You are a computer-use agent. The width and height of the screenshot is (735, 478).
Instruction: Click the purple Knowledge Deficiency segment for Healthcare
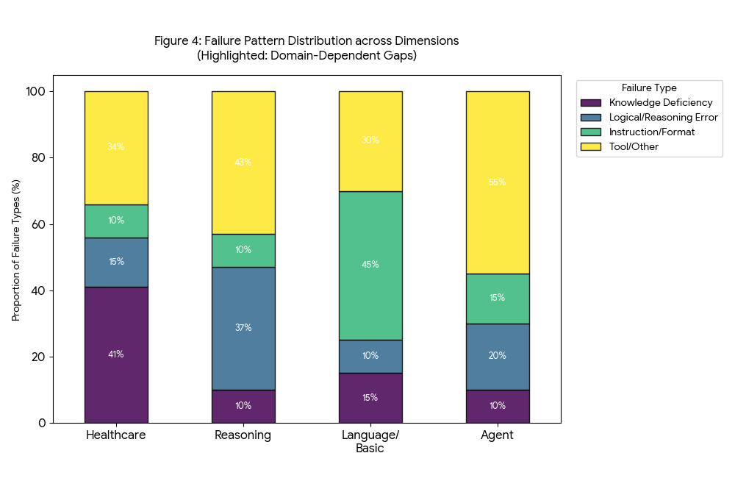pos(116,354)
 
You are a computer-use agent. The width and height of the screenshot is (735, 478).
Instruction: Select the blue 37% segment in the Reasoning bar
pos(243,328)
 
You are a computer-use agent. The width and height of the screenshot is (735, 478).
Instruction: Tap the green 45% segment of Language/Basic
pos(370,265)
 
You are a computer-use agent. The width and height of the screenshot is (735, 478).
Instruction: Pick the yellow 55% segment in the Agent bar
pos(498,182)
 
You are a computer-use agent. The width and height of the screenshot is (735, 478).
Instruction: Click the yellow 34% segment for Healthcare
pos(116,147)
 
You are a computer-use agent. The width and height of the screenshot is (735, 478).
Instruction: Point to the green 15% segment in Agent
pos(498,299)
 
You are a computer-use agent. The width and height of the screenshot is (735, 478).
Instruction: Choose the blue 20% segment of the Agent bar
pos(498,356)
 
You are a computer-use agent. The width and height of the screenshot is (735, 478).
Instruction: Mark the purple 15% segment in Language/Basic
pos(370,398)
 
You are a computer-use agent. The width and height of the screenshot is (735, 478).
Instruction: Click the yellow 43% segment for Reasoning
pos(243,163)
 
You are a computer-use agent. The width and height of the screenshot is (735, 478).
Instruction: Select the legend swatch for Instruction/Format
pos(591,132)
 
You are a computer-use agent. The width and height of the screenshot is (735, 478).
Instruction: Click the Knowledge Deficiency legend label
pos(661,103)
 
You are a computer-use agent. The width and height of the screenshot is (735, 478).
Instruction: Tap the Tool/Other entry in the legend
pos(634,147)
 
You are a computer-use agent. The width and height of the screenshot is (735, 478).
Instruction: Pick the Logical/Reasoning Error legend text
pos(663,118)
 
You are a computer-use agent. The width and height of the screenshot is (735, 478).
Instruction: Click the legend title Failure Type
pos(649,88)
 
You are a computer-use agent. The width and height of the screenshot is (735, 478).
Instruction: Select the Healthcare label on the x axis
pos(116,435)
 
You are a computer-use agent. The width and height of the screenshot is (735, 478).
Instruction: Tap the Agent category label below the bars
pos(498,435)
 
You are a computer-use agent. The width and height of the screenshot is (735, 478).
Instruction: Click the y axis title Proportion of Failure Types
pos(16,250)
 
